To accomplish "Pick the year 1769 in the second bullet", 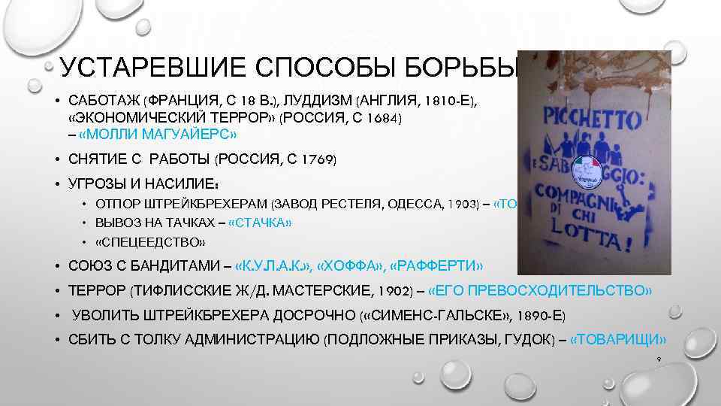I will point(315,160).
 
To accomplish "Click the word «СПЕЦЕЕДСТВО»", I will point(149,242).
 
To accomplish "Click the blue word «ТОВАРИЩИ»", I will point(619,339).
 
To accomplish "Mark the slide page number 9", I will point(658,359).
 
